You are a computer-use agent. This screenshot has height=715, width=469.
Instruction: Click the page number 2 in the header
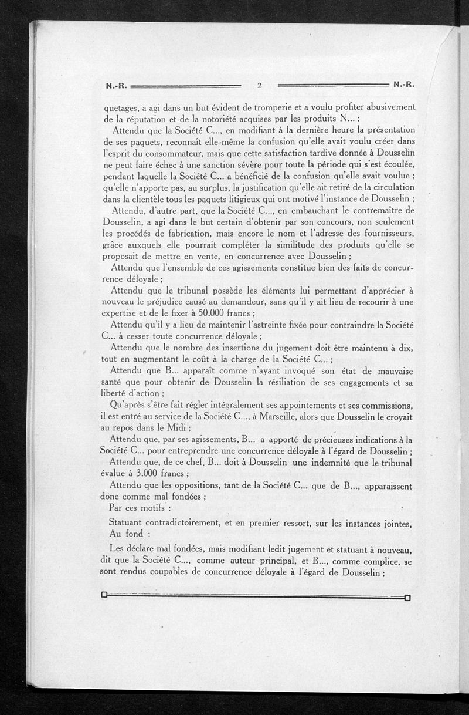pyautogui.click(x=259, y=85)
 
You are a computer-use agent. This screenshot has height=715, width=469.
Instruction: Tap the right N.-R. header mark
pyautogui.click(x=405, y=84)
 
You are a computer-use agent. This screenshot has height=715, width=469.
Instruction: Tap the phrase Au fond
pyautogui.click(x=130, y=534)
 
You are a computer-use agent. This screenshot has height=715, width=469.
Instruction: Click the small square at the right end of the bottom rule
pyautogui.click(x=407, y=598)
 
